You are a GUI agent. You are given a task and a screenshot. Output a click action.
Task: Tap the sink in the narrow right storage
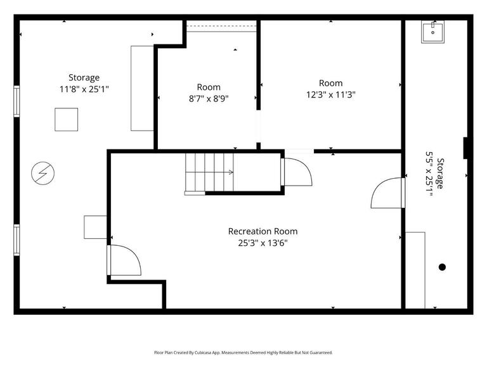[x=434, y=31]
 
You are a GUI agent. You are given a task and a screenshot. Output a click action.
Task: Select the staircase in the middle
[x=209, y=172]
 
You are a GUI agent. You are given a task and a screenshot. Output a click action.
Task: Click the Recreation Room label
[x=263, y=231]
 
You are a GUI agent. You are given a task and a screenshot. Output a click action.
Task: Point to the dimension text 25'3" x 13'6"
[x=263, y=243]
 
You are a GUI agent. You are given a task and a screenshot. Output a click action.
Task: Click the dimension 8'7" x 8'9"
[x=209, y=98]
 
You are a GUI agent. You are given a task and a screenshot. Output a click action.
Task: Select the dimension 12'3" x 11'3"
[x=330, y=94]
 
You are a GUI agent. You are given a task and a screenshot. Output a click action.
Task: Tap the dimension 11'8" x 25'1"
[x=84, y=89]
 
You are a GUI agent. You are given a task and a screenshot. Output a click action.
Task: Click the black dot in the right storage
[x=442, y=267]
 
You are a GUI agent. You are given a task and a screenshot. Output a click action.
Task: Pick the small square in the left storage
[x=66, y=119]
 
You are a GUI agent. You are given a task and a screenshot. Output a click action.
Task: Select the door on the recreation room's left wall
[x=124, y=260]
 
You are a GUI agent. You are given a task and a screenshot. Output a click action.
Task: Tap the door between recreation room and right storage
[x=388, y=193]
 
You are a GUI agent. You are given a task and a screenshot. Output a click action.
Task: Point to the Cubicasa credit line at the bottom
[x=243, y=352]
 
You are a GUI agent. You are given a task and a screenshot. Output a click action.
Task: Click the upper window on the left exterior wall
[x=17, y=101]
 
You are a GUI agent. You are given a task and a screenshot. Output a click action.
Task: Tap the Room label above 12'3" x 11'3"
[x=330, y=83]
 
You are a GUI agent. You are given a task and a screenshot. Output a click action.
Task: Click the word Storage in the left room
[x=84, y=78]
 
